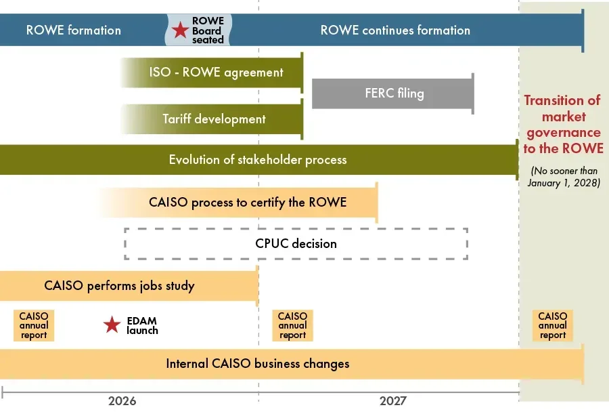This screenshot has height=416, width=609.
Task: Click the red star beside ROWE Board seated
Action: click(180, 30)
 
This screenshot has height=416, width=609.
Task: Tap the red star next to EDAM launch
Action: click(112, 325)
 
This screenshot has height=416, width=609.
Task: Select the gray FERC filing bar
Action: click(393, 93)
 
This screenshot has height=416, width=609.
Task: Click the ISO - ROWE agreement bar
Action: click(212, 72)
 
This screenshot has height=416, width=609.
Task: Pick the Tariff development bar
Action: click(212, 119)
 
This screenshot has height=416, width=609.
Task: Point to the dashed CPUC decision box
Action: click(296, 229)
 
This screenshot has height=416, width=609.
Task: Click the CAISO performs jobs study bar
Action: click(129, 286)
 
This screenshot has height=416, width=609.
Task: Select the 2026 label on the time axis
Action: click(122, 401)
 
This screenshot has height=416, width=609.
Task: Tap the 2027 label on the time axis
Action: click(393, 401)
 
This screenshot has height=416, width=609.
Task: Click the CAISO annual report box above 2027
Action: click(292, 325)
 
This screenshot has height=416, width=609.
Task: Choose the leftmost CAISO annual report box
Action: click(34, 325)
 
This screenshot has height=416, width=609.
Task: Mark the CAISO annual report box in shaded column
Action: click(553, 325)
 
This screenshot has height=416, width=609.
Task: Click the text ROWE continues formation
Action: click(395, 30)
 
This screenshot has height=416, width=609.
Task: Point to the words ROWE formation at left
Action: click(73, 30)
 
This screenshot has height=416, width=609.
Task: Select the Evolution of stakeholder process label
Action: click(258, 160)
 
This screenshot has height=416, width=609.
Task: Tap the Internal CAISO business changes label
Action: click(258, 364)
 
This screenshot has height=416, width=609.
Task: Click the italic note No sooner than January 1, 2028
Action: click(564, 177)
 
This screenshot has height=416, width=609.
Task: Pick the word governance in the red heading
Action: click(564, 133)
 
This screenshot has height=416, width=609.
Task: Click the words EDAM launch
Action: click(142, 325)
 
